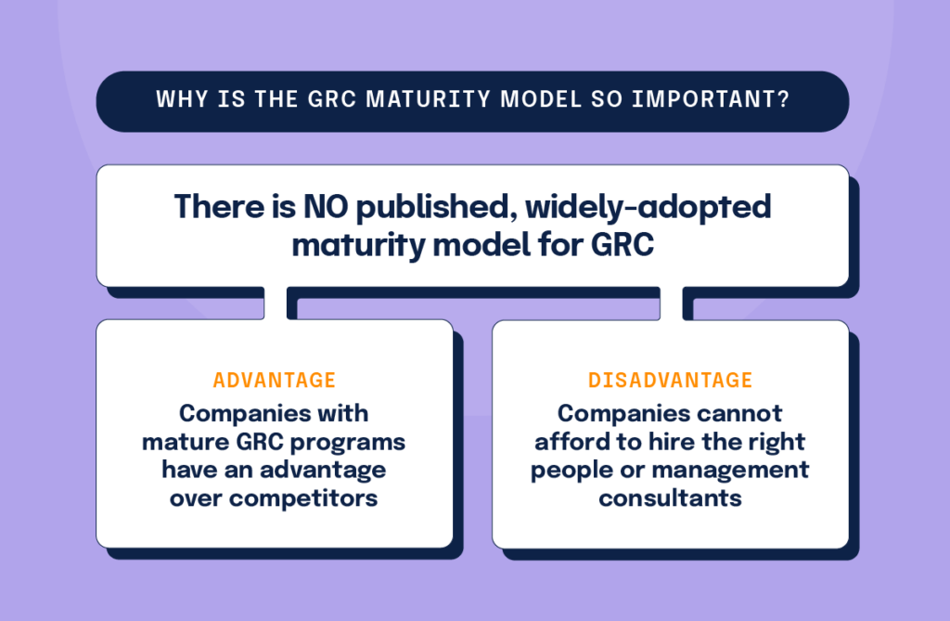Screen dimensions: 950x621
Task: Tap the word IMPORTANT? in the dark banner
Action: point(711,98)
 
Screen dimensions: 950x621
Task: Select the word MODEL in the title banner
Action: point(541,98)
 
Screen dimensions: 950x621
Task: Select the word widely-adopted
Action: point(648,208)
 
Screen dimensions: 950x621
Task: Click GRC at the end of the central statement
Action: point(622,245)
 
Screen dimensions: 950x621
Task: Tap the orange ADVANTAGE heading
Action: point(275,381)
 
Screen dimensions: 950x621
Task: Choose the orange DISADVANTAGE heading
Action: point(670,381)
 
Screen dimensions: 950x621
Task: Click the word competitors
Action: point(303,498)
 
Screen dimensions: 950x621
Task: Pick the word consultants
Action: point(670,498)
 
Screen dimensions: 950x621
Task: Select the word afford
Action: point(572,442)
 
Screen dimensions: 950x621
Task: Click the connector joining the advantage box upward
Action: point(275,304)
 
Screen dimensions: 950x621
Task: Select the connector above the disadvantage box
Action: point(672,304)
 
